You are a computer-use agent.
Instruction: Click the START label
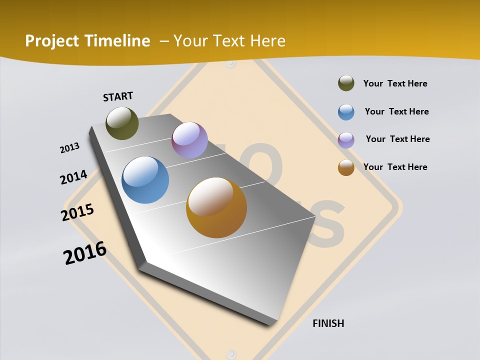click(118, 96)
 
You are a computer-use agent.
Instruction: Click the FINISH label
click(328, 323)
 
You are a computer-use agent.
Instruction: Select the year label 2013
click(69, 147)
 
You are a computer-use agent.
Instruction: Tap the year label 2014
click(73, 177)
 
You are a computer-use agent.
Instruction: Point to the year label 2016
click(85, 253)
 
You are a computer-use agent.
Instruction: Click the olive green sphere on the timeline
click(122, 123)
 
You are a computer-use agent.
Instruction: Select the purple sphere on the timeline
click(189, 140)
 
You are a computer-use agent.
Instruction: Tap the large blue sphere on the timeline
click(145, 180)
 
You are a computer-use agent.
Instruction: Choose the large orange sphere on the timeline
click(216, 207)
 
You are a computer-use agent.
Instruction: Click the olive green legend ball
click(346, 83)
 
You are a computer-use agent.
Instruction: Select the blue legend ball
click(346, 112)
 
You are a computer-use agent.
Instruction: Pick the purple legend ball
click(346, 140)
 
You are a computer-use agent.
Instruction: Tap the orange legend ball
click(346, 167)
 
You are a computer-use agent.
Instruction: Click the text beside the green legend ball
click(395, 83)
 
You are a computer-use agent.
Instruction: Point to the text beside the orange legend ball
click(395, 167)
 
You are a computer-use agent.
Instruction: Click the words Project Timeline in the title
click(87, 41)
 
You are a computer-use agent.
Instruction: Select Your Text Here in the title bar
click(229, 41)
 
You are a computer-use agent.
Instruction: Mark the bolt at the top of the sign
click(230, 64)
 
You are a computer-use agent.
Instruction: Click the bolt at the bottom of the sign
click(230, 352)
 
